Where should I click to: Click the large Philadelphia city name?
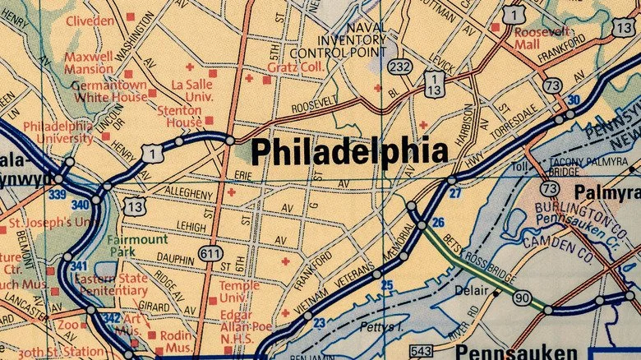[x=349, y=152]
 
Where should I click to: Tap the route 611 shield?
[x=210, y=254]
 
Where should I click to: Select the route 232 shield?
[x=401, y=67]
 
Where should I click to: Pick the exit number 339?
[x=56, y=194]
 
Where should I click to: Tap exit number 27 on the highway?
[x=455, y=193]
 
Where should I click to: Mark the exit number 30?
[x=573, y=100]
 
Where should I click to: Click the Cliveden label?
[x=90, y=21]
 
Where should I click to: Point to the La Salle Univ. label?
[x=192, y=90]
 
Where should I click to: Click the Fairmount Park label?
[x=138, y=246]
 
